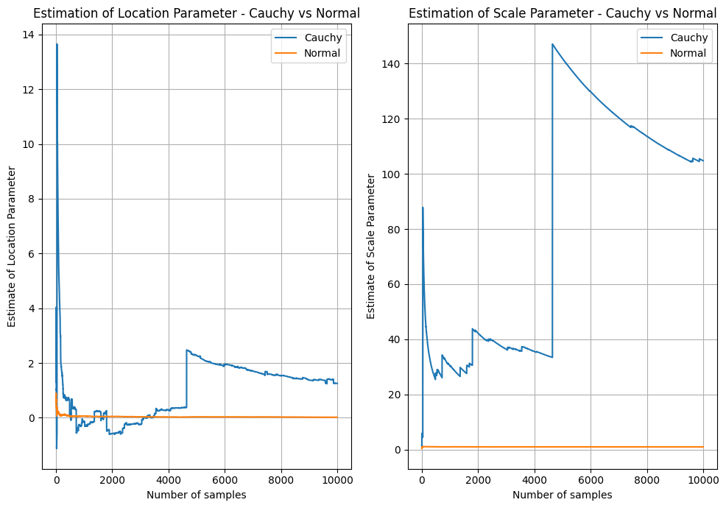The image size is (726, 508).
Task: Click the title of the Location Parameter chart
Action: coord(197,13)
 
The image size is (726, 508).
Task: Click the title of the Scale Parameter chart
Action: coord(563,13)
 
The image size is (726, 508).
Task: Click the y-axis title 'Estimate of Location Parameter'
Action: coord(13,247)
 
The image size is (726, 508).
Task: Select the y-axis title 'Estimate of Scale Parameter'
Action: coord(372,247)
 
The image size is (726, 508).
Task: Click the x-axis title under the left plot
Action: coord(197,495)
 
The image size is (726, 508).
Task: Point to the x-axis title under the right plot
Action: coord(563,495)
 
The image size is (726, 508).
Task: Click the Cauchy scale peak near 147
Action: coord(552,44)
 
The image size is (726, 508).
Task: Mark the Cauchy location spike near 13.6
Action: coord(57,45)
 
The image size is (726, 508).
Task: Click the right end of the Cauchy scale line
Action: coord(703,160)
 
